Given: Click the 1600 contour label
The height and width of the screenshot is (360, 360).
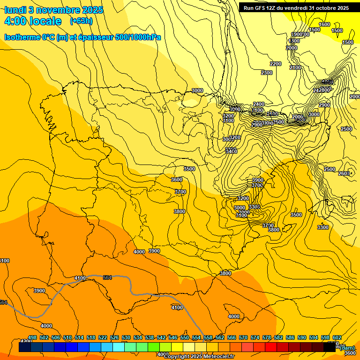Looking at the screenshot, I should (324, 24).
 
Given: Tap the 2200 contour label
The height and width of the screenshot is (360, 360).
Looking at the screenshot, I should (276, 64).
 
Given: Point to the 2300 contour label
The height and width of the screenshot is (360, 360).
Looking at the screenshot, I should (267, 73).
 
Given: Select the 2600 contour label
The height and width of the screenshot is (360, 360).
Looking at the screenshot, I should (344, 174).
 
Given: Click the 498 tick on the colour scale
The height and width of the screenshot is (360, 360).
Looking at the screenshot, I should (32, 337).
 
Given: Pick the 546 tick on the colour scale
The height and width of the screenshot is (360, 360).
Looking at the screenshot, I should (173, 337).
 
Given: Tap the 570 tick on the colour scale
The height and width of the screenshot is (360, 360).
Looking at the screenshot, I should (243, 337).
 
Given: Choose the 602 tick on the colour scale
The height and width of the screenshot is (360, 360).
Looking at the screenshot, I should (337, 337).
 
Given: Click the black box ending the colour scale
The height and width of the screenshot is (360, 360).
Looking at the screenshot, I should (330, 347).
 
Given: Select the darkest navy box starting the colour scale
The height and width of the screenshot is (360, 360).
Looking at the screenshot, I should (25, 347).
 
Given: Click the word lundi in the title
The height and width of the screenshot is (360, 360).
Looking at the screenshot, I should (17, 10).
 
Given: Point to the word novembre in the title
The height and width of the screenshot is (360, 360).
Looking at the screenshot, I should (60, 10).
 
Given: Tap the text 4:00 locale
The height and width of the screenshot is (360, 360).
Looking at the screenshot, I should (33, 21).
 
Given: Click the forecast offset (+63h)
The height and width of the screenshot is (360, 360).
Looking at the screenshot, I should (81, 21).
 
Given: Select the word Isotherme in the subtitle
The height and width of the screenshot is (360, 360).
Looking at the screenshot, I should (22, 37).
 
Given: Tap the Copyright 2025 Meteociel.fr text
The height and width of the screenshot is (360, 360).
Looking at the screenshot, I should (199, 357).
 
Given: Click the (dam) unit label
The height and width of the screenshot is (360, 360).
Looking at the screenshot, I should (347, 347).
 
